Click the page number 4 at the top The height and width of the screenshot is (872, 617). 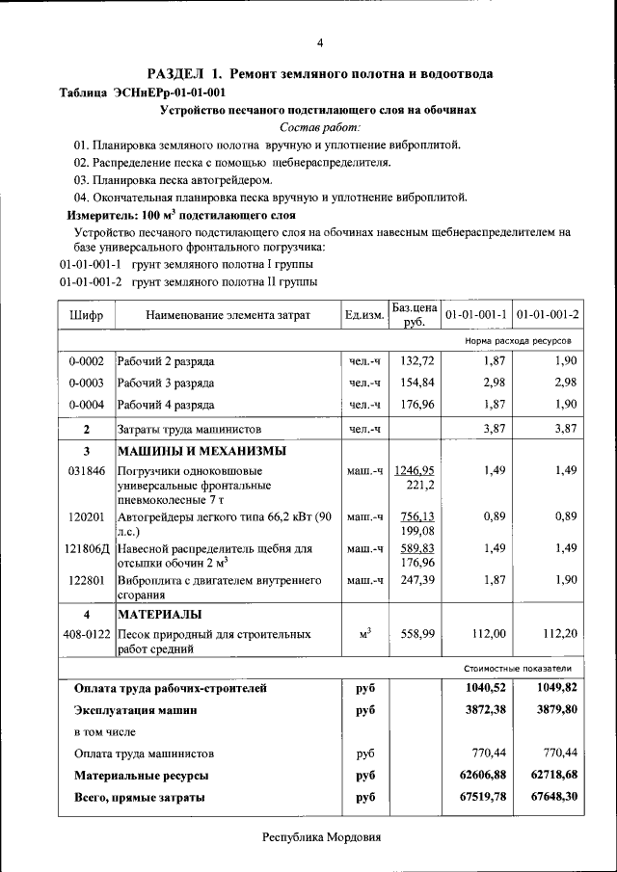coord(320,42)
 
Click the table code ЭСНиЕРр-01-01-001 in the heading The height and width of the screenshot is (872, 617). coord(170,92)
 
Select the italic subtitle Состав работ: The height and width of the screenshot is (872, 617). coord(320,127)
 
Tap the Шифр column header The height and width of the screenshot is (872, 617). coord(87,315)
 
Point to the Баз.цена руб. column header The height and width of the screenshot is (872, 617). coord(415,315)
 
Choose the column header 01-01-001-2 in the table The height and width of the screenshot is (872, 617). coord(547,315)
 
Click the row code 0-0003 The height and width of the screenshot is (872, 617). coord(87,383)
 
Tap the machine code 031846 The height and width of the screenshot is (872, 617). coord(87,471)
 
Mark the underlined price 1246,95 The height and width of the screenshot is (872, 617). coord(415,470)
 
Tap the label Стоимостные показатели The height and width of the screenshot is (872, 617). coord(518,667)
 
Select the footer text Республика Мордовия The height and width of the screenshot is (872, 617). coord(322,837)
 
